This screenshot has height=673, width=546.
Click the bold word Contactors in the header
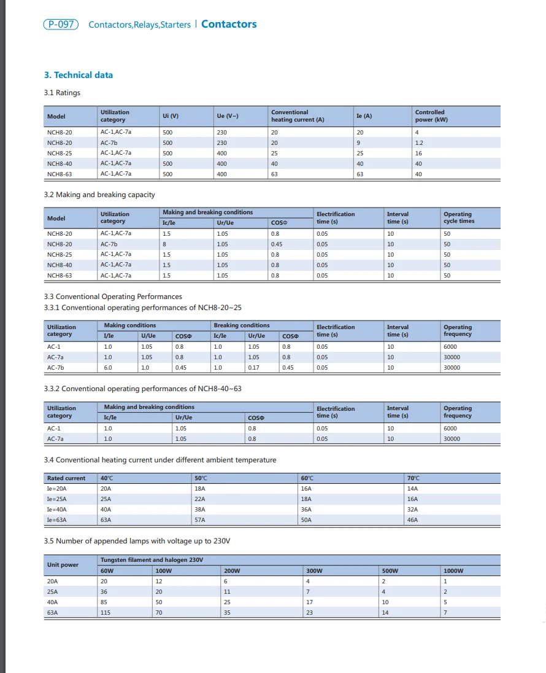tap(229, 25)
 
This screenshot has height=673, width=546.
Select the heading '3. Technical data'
tap(79, 75)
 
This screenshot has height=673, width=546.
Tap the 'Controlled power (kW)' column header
tap(431, 116)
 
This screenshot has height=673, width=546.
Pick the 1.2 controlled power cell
tap(419, 142)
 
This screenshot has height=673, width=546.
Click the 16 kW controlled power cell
tap(418, 153)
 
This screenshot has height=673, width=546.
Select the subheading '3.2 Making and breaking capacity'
tap(99, 195)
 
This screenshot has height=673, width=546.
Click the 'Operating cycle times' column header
tap(459, 218)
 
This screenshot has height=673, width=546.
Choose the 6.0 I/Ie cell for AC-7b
tap(108, 368)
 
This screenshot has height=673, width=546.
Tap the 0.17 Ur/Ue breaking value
tap(253, 368)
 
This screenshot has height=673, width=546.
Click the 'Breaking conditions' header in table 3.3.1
tap(242, 325)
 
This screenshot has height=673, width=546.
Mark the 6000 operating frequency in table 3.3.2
tap(450, 429)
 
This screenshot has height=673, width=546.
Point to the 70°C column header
tap(414, 478)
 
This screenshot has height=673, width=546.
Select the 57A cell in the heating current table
tap(201, 520)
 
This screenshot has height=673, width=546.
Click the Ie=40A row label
tap(56, 510)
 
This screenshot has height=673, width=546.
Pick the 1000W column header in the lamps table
tap(453, 571)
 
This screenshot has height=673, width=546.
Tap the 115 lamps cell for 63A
tap(106, 613)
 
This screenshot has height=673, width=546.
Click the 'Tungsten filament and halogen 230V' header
tap(152, 560)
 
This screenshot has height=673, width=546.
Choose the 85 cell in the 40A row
tap(104, 602)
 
